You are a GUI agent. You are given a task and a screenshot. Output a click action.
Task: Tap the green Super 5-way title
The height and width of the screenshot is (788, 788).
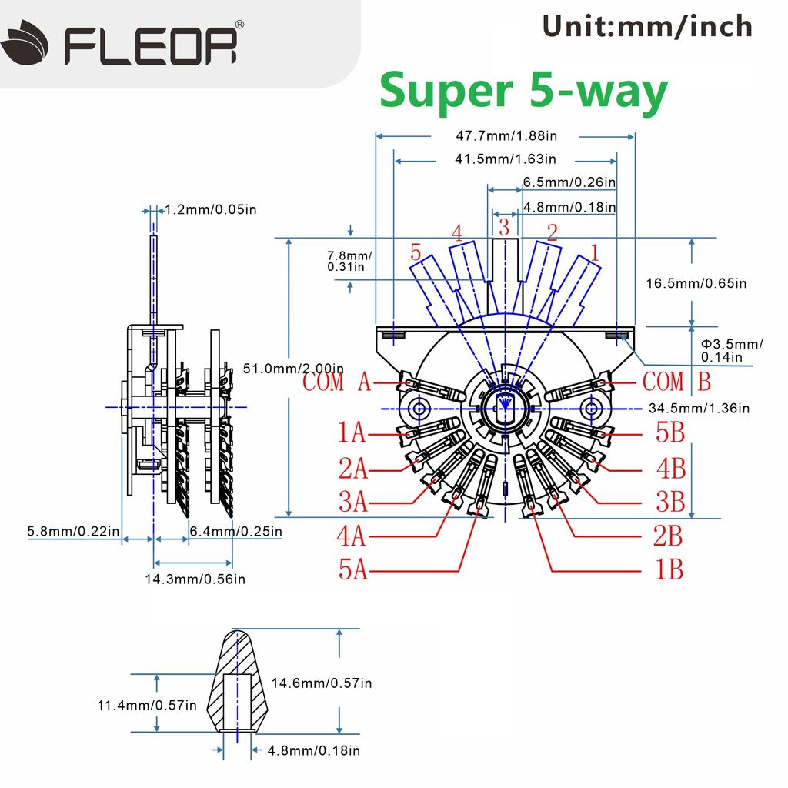[x=523, y=92]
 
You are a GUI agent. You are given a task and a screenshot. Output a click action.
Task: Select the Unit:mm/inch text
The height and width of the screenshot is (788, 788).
[x=647, y=25]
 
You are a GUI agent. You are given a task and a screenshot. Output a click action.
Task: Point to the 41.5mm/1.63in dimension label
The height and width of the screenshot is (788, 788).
[x=506, y=159]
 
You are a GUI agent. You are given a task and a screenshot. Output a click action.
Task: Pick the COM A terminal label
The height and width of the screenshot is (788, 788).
[x=336, y=382]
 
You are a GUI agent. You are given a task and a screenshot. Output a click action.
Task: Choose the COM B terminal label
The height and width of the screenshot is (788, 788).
[x=676, y=381]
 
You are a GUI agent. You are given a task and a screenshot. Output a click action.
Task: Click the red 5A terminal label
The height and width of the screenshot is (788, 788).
[x=354, y=569]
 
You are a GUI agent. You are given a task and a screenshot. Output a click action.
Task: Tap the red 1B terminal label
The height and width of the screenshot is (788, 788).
[x=668, y=569]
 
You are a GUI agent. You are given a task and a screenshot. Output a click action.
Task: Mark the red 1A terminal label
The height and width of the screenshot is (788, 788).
[x=352, y=434]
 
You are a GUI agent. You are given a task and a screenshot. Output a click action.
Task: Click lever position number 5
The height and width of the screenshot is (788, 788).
[x=416, y=252]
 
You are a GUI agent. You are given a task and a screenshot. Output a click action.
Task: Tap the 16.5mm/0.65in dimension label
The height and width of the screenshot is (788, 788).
[x=696, y=283]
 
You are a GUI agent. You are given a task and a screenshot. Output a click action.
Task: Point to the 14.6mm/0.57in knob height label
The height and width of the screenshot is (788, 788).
[x=322, y=683]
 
